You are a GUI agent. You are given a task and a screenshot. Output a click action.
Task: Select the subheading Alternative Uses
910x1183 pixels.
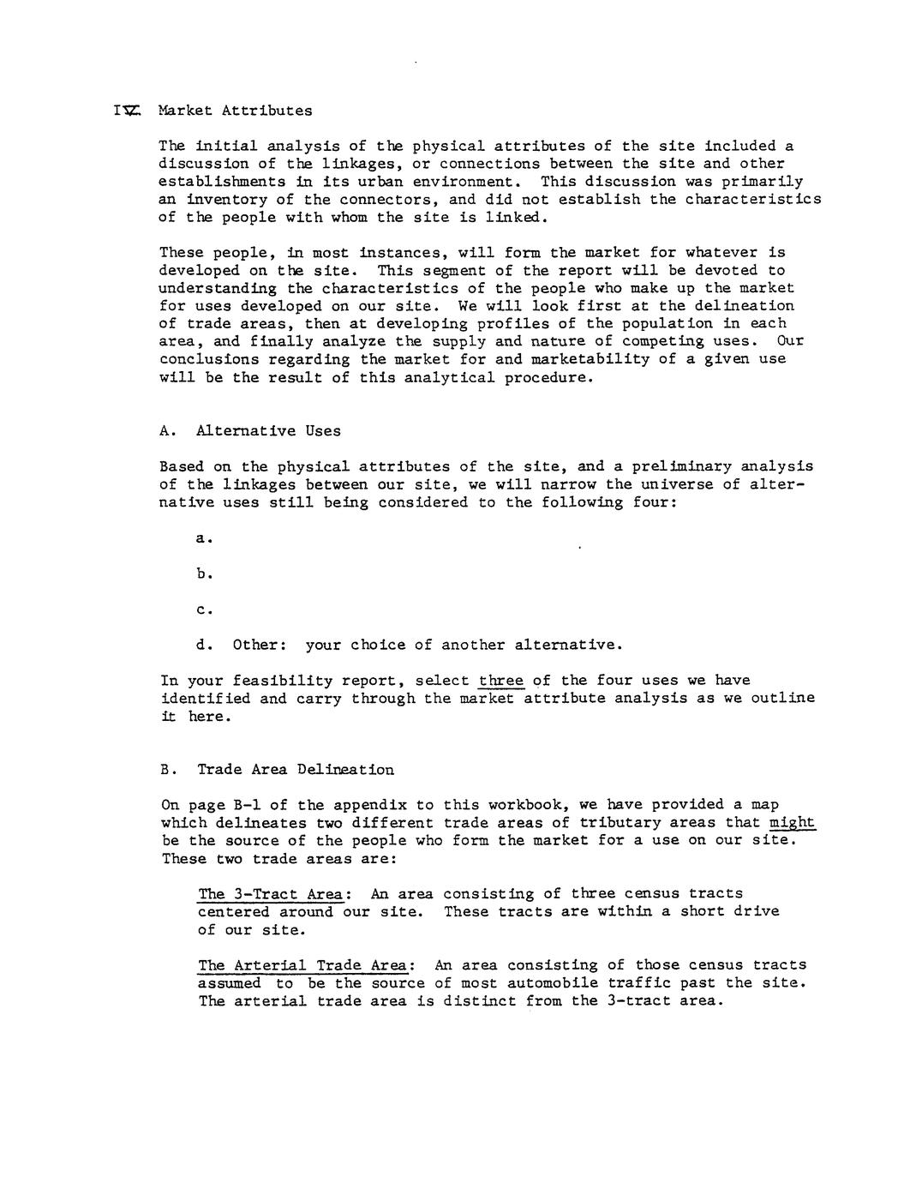(x=268, y=431)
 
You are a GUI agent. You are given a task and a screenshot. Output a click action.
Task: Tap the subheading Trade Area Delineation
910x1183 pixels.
(x=296, y=769)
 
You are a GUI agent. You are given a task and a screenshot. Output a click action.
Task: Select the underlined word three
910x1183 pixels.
(x=500, y=681)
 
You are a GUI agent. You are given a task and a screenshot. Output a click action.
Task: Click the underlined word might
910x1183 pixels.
(x=792, y=823)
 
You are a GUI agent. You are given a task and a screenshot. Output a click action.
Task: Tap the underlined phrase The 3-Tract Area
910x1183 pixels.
(x=270, y=894)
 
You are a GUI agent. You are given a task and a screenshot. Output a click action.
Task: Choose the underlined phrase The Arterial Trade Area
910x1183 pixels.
(x=302, y=965)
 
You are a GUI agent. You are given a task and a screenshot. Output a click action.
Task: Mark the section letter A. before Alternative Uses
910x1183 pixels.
(x=167, y=431)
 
